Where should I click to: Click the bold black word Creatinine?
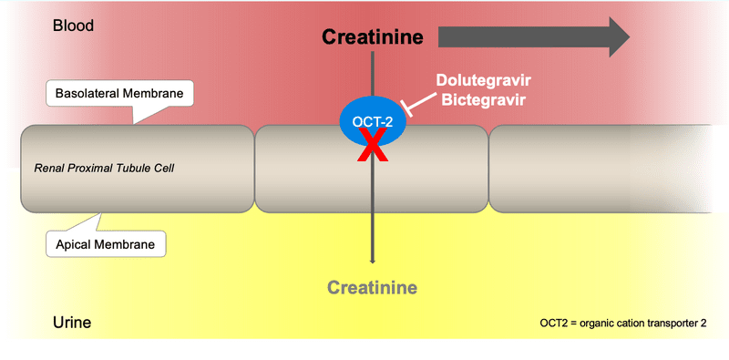point(373,37)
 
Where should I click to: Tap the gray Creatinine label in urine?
point(372,288)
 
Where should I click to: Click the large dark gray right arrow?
point(533,36)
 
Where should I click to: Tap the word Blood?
point(72,26)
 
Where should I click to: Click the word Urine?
point(71,323)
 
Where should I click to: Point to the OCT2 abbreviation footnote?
point(622,323)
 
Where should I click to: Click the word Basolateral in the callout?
point(87,94)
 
